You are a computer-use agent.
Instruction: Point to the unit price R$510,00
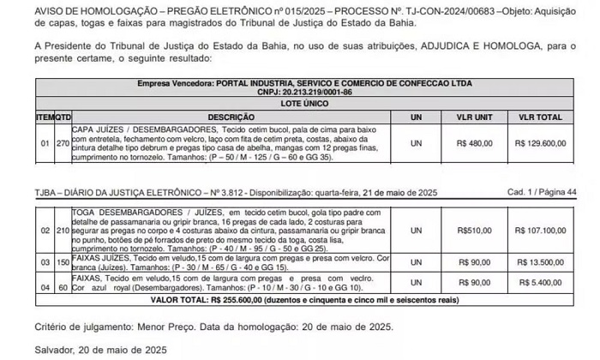coord(473,231)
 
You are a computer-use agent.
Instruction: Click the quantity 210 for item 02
coord(62,231)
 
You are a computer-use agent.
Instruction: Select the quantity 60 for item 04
coord(62,281)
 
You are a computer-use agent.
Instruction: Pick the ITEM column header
coord(44,116)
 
